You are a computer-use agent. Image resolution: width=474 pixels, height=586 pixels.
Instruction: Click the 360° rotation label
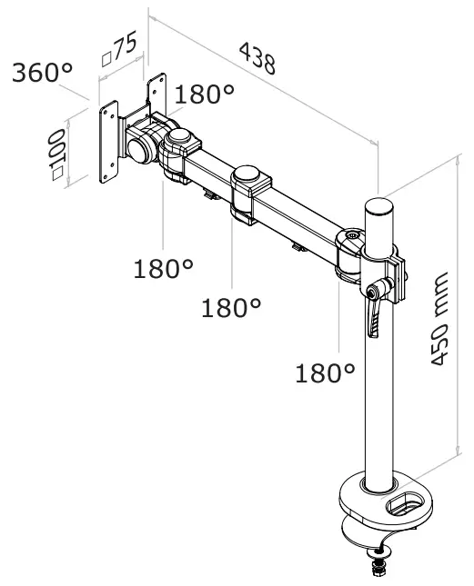pos(42,73)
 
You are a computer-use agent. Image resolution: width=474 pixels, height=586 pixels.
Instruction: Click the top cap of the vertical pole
pos(379,205)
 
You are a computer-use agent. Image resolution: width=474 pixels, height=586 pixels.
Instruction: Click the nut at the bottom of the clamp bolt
pos(377,570)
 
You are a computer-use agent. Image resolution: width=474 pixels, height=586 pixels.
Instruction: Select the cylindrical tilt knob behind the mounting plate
pos(139,146)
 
